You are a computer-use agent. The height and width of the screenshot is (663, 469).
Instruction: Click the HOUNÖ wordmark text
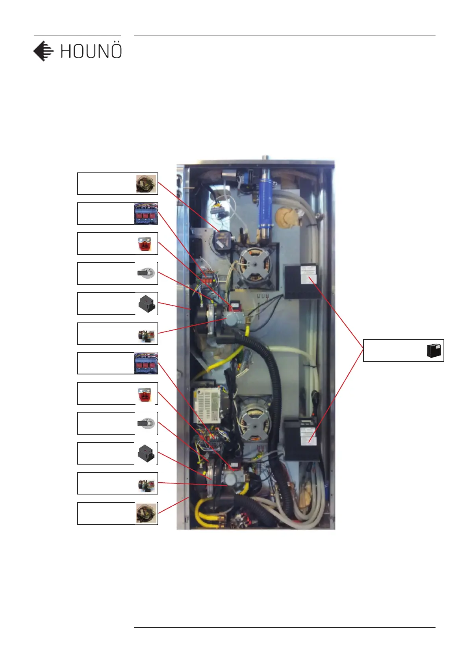(x=91, y=52)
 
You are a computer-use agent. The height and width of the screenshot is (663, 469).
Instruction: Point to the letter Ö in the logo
(x=115, y=51)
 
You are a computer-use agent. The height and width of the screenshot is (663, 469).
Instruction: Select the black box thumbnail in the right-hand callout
(x=434, y=350)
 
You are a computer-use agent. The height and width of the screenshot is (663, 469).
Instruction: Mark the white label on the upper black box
(x=308, y=274)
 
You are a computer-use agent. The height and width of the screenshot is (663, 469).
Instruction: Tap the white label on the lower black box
(x=308, y=436)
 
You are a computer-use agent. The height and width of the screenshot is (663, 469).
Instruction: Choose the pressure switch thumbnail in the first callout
(x=146, y=184)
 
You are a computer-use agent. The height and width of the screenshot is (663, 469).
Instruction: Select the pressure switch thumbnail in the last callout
(x=146, y=513)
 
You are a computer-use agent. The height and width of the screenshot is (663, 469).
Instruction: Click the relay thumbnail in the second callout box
(x=146, y=214)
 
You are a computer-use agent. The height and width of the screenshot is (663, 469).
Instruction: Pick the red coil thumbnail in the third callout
(x=145, y=244)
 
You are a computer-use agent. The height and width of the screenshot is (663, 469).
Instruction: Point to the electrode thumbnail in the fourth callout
(x=146, y=273)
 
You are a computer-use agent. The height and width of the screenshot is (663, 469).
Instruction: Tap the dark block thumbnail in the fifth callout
(x=147, y=304)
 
